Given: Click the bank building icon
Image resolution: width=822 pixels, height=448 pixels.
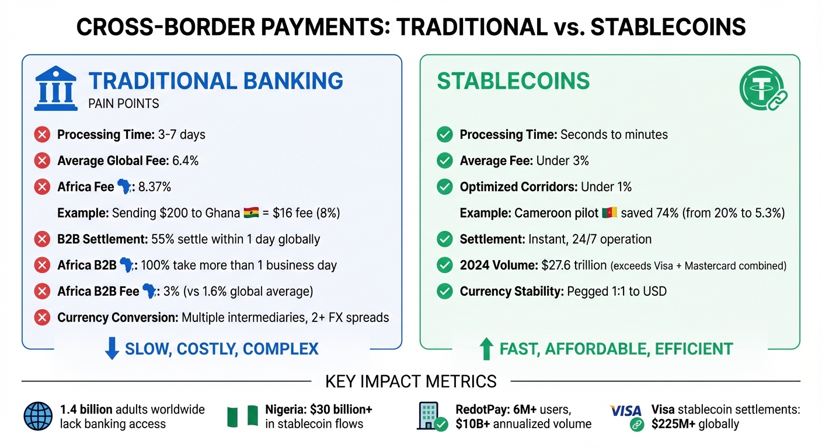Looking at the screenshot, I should click(x=55, y=89).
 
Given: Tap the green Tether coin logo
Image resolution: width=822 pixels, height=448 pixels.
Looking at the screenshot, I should click(x=760, y=89).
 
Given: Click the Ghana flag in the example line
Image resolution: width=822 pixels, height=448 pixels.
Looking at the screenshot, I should click(x=250, y=213).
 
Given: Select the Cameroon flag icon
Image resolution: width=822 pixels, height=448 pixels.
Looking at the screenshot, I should click(x=608, y=213).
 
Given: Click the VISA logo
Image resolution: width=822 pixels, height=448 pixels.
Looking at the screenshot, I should click(x=625, y=411).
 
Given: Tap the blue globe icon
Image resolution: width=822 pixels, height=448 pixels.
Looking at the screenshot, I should click(x=38, y=416).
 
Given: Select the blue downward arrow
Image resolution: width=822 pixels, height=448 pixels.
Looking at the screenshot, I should click(x=111, y=349).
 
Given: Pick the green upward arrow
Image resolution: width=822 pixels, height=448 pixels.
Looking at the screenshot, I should click(x=486, y=349).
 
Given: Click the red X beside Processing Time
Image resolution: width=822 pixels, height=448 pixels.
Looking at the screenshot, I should click(x=42, y=135).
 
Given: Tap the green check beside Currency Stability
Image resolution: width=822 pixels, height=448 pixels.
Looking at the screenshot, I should click(x=445, y=291).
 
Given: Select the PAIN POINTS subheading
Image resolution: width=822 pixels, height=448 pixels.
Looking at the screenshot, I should click(x=123, y=104).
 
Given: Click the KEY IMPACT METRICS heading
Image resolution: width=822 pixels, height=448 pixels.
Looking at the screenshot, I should click(x=411, y=381).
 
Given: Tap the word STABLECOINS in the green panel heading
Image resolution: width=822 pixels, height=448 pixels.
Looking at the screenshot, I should click(x=513, y=81).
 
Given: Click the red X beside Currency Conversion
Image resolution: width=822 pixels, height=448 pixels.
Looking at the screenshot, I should click(x=42, y=318).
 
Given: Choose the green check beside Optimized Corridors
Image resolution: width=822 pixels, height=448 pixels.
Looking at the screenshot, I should click(x=445, y=187).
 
